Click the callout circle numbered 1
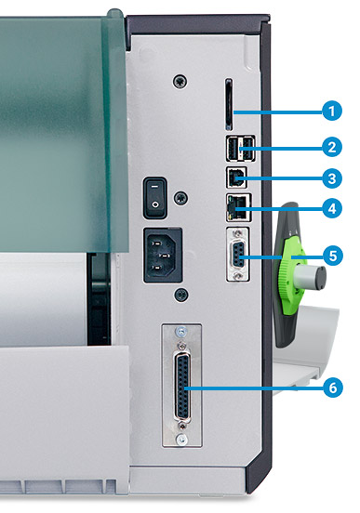click(x=332, y=111)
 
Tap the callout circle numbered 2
click(x=332, y=147)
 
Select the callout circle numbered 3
click(x=332, y=178)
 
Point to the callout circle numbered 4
click(x=332, y=208)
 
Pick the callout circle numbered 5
click(x=333, y=256)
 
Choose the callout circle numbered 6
click(x=333, y=388)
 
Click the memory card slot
click(x=229, y=105)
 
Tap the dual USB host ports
click(x=240, y=149)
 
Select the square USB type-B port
click(x=236, y=178)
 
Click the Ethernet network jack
click(x=238, y=207)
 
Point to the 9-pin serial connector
click(x=238, y=255)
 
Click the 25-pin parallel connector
click(x=182, y=388)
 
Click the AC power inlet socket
click(x=163, y=255)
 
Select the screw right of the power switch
click(x=180, y=198)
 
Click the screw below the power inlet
click(x=180, y=295)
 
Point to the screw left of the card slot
click(x=180, y=81)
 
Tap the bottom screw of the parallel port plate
click(x=181, y=439)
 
